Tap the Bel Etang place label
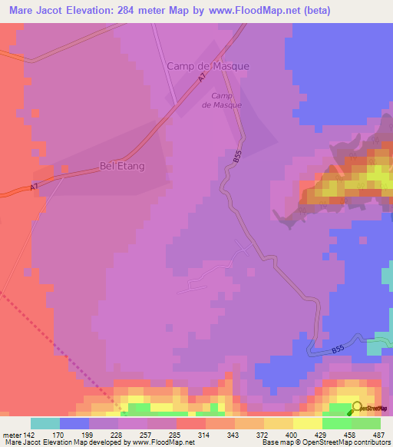point(123,165)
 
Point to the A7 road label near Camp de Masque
point(203,78)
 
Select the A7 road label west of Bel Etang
point(34,187)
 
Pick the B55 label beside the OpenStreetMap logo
point(339,350)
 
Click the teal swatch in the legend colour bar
point(45,423)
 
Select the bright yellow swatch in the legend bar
point(307,423)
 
